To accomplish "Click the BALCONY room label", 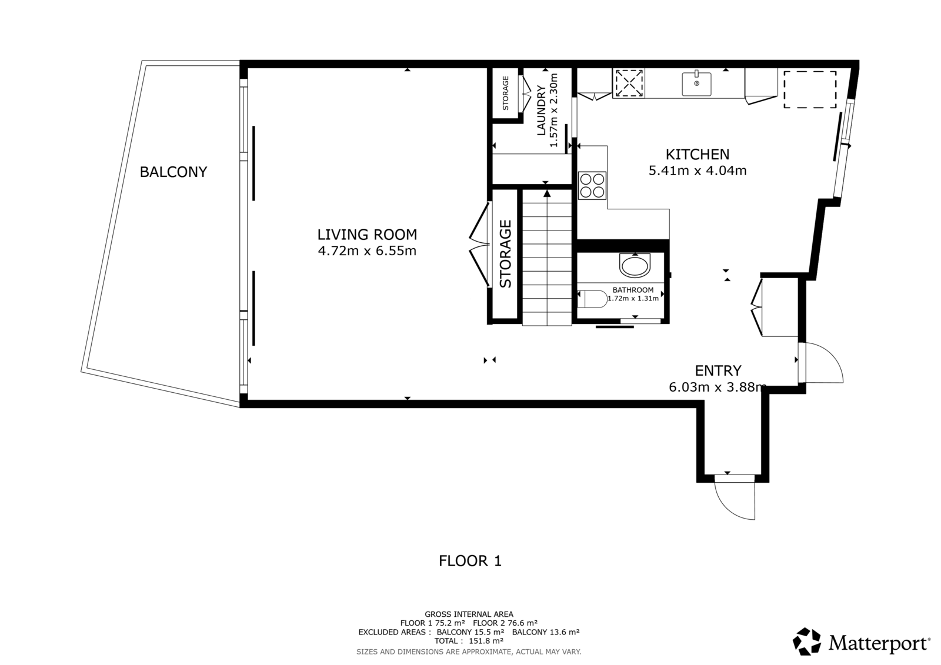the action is (x=173, y=172).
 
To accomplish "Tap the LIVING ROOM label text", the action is (x=367, y=235).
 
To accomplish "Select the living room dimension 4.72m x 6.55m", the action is (x=367, y=251).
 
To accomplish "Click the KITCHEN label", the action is (x=698, y=155).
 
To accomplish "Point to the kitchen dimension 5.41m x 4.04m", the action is (x=698, y=171).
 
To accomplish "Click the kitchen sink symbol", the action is (x=696, y=83).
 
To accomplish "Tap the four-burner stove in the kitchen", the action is (x=592, y=185).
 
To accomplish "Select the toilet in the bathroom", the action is (x=592, y=299).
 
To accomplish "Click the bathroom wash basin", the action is (x=635, y=266).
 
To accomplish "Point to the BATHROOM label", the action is (x=633, y=290).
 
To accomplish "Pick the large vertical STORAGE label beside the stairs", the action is (x=505, y=254).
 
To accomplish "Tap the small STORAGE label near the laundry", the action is (x=505, y=93).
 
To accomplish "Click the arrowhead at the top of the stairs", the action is (x=547, y=193).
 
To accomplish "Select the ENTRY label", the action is (x=718, y=370).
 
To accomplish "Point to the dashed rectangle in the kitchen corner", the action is (x=810, y=89).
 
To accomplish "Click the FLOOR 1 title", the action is (x=470, y=561).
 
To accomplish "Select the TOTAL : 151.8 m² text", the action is (x=469, y=641).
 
